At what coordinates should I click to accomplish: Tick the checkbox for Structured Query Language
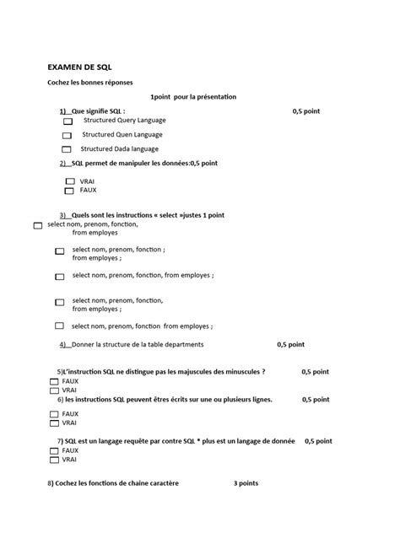coord(68,122)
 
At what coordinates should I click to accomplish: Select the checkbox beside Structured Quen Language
coord(68,135)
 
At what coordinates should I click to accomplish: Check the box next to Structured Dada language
coord(68,149)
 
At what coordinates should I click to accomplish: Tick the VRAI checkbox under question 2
coord(70,181)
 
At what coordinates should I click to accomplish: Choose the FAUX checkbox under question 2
coord(70,191)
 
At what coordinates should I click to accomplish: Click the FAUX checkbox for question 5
coord(54,382)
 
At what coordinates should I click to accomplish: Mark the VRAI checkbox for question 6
coord(54,423)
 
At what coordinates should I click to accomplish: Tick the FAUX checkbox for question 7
coord(54,451)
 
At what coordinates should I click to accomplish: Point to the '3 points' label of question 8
coord(246,483)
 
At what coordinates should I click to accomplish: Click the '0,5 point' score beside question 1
coord(306,111)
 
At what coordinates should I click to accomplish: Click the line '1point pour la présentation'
coord(193,97)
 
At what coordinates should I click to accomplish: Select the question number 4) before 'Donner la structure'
coord(63,344)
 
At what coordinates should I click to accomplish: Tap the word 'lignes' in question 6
coord(260,400)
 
